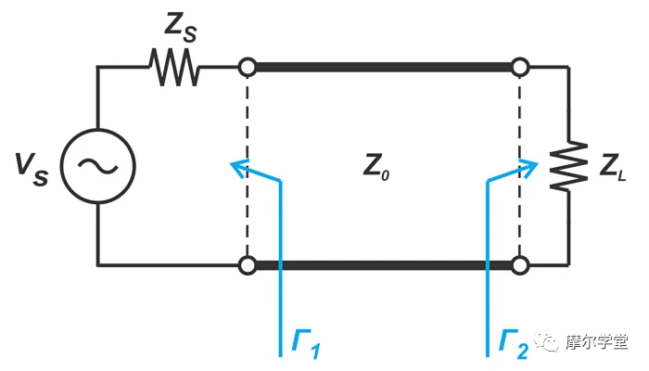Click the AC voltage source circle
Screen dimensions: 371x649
(98, 166)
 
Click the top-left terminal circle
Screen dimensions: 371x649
(247, 68)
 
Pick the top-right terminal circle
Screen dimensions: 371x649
(520, 68)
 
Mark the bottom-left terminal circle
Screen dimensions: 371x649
(247, 266)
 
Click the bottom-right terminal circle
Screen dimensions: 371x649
(520, 266)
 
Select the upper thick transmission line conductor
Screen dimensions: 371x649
(383, 68)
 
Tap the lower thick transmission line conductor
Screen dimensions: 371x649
(383, 266)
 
